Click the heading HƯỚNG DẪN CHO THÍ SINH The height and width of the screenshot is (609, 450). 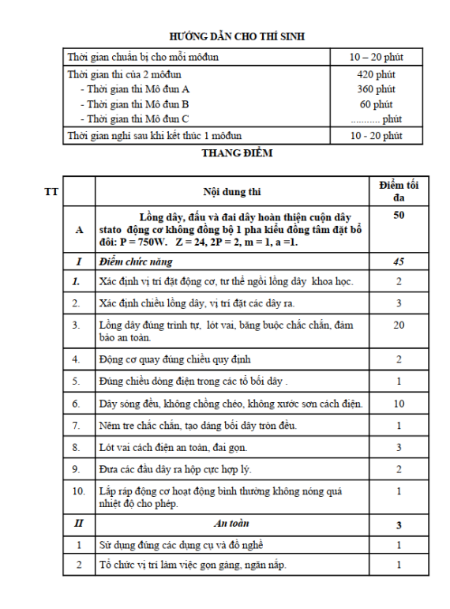coord(237,36)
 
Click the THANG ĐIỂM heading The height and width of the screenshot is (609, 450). coord(237,152)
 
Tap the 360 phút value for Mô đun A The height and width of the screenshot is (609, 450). coord(376,89)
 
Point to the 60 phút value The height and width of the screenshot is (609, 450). coord(376,104)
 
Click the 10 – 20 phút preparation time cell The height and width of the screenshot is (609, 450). coord(376,57)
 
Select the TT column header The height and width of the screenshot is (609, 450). coord(51,190)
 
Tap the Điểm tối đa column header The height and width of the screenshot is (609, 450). coord(398,190)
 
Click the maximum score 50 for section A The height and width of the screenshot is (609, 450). coord(398,216)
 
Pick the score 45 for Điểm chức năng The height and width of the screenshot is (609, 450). coord(398,261)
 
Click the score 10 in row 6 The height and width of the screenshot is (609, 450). coord(398,404)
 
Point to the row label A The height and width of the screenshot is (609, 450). coord(79,229)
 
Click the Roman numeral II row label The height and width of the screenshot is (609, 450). coord(79,524)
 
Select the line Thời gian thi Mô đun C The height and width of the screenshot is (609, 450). coord(135,119)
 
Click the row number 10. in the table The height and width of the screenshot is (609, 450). coord(78,491)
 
